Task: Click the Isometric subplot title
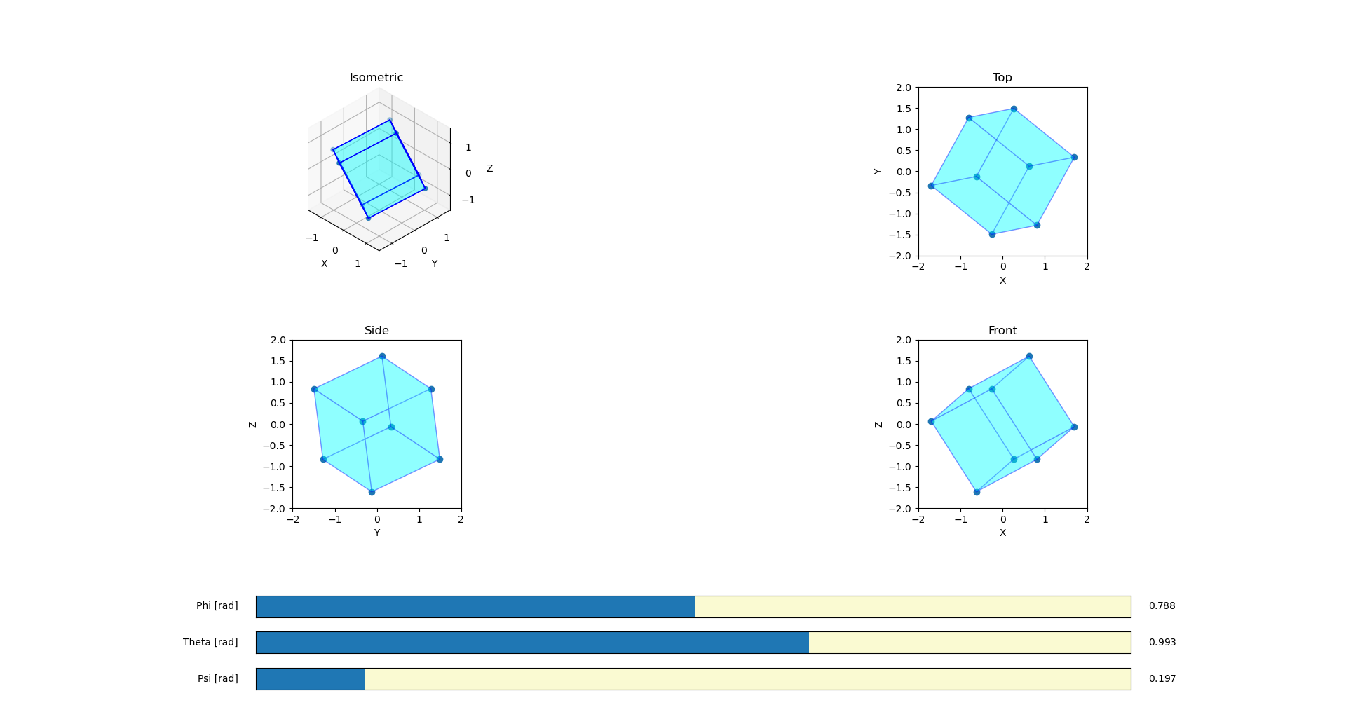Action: coord(376,78)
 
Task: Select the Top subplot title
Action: coord(1002,78)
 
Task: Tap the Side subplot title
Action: coord(376,331)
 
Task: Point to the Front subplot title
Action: coord(1002,331)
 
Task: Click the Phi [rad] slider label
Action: coord(217,606)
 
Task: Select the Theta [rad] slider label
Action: coord(210,643)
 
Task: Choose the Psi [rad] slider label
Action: coord(217,679)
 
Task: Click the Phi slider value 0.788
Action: coord(1162,606)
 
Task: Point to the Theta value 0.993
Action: coord(1162,643)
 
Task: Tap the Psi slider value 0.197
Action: coord(1162,679)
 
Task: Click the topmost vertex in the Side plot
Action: coord(382,357)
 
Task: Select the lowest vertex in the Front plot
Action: coord(977,492)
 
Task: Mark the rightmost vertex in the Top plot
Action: coord(1074,158)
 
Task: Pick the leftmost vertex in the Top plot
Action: coord(931,186)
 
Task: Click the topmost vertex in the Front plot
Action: coord(1029,357)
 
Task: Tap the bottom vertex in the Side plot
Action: coord(372,492)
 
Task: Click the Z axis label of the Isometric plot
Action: coord(489,169)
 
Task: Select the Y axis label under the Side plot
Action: coord(376,533)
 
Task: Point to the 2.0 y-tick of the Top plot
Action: coord(904,88)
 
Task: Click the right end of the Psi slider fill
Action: coord(365,679)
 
